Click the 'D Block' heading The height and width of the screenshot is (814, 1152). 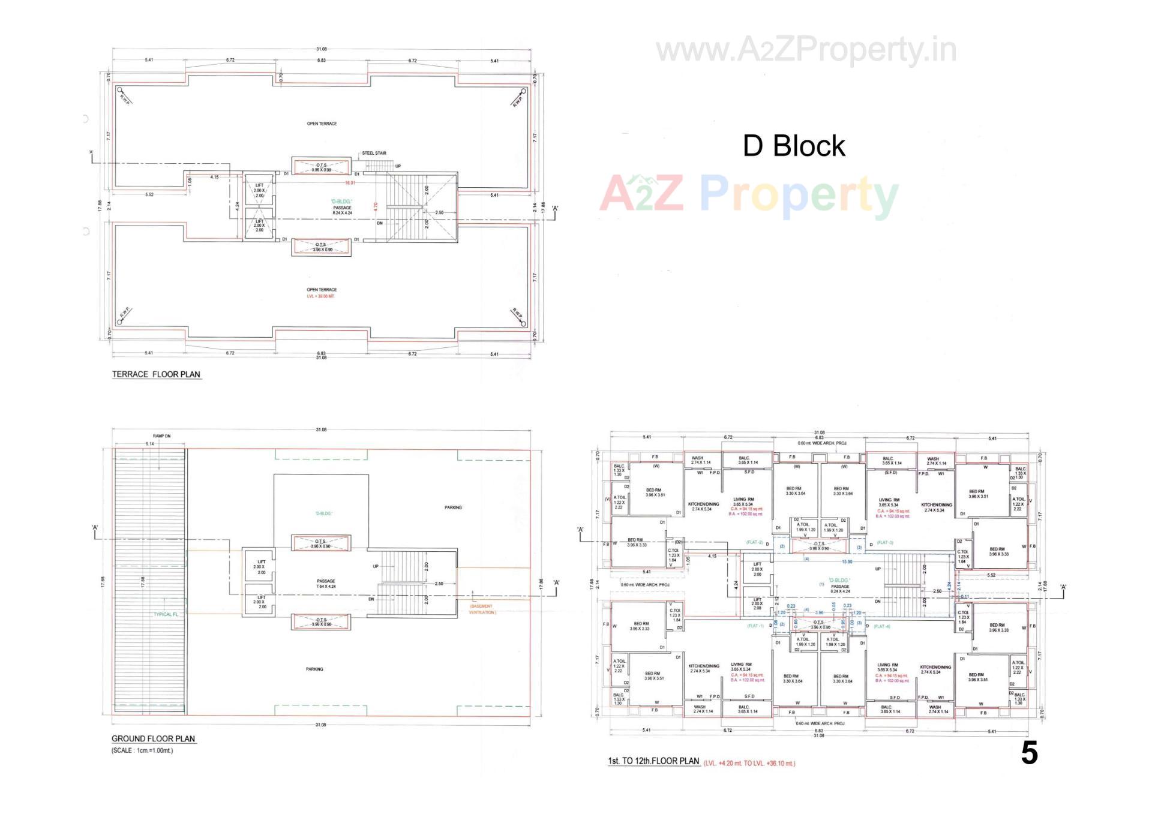pos(793,146)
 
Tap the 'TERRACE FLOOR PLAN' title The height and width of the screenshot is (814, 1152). pos(156,374)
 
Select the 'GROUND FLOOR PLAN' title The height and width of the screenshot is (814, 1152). pos(153,739)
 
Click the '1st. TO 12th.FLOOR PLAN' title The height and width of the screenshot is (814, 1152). pos(653,761)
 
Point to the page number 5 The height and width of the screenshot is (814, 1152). pos(1029,753)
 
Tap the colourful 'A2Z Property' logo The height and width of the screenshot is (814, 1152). pos(749,194)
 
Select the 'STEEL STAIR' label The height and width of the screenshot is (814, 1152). pos(374,154)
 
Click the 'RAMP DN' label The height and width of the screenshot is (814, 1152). pos(161,436)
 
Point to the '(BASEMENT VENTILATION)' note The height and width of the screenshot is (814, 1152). pos(482,609)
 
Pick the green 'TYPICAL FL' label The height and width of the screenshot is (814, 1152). pos(166,614)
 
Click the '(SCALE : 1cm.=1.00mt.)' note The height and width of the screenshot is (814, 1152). pos(142,750)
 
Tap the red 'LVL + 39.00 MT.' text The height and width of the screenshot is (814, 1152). pos(321,296)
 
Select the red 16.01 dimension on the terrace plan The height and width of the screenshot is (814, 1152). pos(349,183)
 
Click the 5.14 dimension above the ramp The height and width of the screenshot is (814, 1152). pos(149,444)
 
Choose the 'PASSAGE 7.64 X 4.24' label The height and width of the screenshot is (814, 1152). pos(326,584)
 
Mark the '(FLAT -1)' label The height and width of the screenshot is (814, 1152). pos(755,626)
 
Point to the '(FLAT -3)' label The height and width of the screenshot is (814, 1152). pos(884,543)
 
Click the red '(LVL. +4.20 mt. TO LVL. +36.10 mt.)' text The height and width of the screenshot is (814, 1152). pos(749,764)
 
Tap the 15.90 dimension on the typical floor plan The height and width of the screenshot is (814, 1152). pos(847,562)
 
